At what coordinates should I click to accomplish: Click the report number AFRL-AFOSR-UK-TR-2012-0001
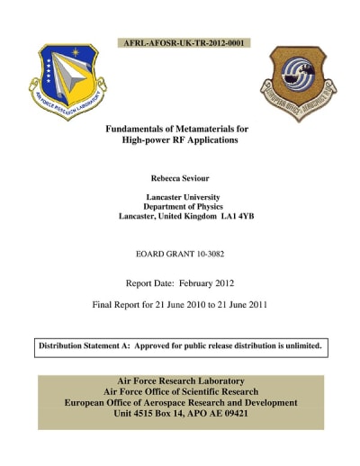point(184,42)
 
